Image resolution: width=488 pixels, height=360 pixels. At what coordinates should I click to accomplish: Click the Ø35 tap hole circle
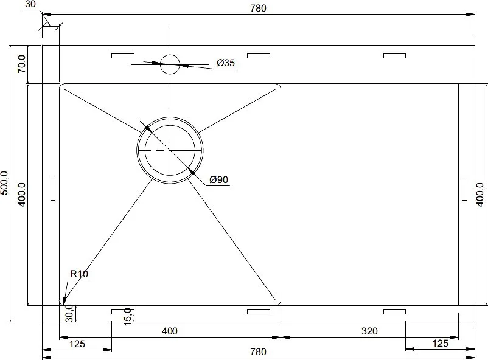170,55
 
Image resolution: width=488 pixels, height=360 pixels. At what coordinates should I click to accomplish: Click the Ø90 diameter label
219,179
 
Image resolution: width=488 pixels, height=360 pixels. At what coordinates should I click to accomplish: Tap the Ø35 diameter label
226,63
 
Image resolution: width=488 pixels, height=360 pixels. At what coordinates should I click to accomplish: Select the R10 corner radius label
79,274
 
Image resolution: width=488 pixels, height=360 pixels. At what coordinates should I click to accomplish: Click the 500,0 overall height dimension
4,183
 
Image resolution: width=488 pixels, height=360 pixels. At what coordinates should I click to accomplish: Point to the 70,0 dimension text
22,64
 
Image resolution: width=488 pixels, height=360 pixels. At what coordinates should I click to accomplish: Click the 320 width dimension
369,331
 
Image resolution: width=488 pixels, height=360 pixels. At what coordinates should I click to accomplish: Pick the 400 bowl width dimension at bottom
170,331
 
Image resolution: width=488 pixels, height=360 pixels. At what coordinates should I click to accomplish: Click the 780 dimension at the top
259,8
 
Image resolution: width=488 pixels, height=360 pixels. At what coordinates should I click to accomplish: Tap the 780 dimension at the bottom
259,351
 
